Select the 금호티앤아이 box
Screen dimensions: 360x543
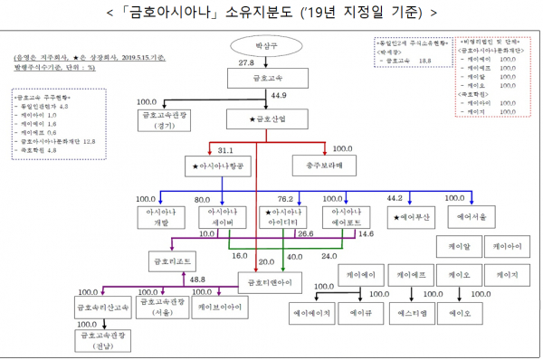tap(271, 281)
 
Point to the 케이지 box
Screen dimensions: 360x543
tap(500, 272)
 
